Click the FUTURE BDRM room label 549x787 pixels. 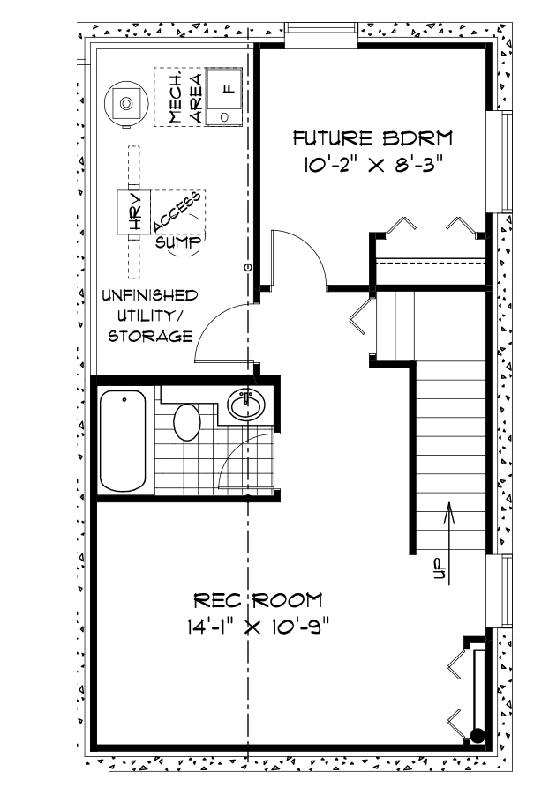point(372,138)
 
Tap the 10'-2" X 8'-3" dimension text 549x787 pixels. point(372,165)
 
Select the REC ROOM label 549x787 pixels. point(258,601)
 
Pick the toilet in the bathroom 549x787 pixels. point(187,421)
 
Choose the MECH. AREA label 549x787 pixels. point(185,98)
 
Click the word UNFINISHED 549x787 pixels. point(149,294)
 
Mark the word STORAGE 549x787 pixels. point(151,336)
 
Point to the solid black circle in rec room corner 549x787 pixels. point(477,735)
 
